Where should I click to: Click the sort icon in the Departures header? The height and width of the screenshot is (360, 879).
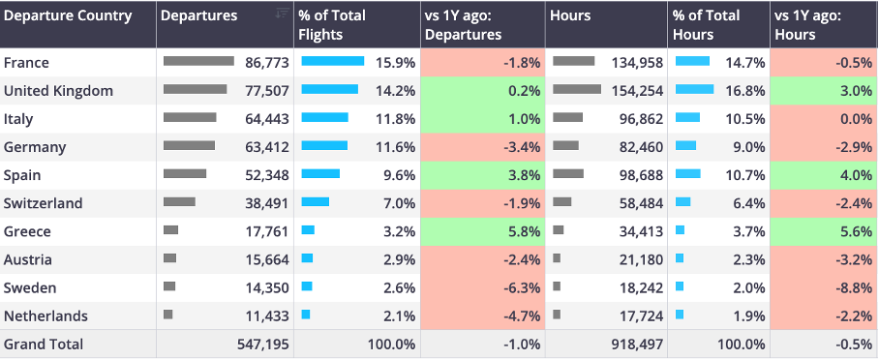pos(282,13)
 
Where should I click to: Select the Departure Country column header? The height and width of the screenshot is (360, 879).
pos(68,15)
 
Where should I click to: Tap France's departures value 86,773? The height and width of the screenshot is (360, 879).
pos(267,63)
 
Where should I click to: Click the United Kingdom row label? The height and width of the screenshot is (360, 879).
pos(58,91)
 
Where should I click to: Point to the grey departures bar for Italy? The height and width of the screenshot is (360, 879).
pos(190,117)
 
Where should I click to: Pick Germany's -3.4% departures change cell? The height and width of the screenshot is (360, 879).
pos(483,147)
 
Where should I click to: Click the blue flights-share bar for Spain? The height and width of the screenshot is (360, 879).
pos(320,173)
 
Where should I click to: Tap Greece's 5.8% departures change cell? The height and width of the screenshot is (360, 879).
pos(483,231)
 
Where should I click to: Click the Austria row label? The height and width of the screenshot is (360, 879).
pos(28,260)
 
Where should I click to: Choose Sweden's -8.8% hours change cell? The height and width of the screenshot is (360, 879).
pos(825,288)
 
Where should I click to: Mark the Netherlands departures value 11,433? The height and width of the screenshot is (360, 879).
pos(267,316)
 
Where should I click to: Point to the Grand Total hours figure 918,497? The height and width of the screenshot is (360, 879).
pos(637,345)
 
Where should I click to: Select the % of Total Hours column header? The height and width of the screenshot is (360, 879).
pos(707,24)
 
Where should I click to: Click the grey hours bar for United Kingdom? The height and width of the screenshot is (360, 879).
pos(577,89)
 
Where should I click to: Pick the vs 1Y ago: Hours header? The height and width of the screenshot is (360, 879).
pos(807,24)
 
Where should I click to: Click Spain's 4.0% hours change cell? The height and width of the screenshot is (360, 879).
pos(825,175)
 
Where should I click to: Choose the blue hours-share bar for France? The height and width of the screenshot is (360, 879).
pos(692,61)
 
